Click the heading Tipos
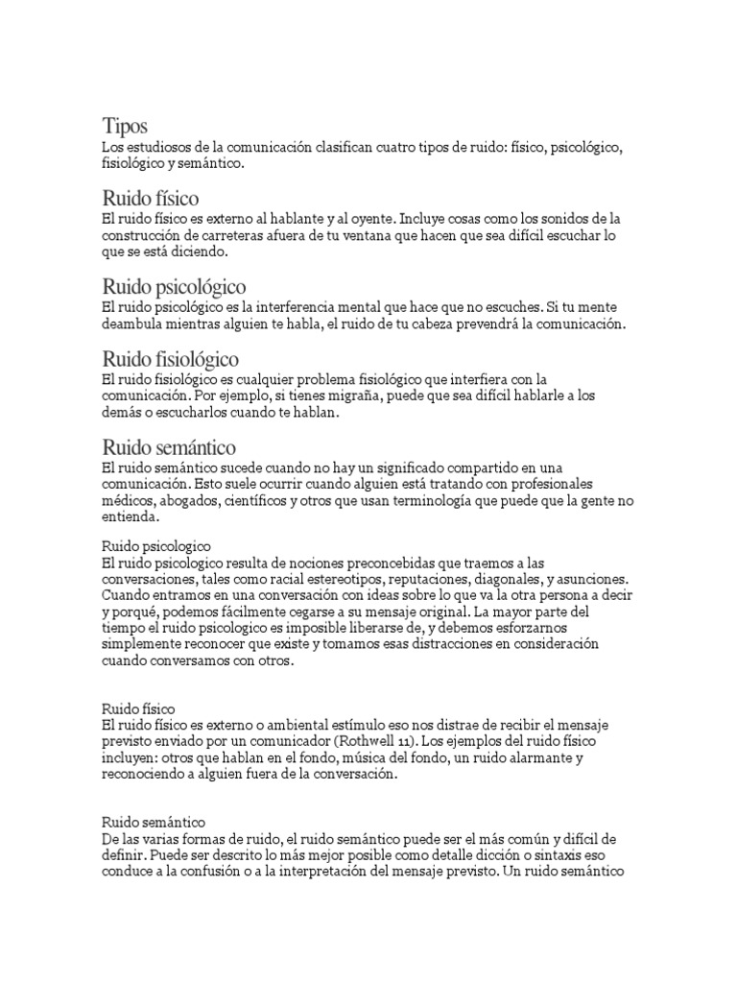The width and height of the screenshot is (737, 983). point(125,126)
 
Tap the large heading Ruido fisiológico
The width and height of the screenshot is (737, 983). point(171,358)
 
